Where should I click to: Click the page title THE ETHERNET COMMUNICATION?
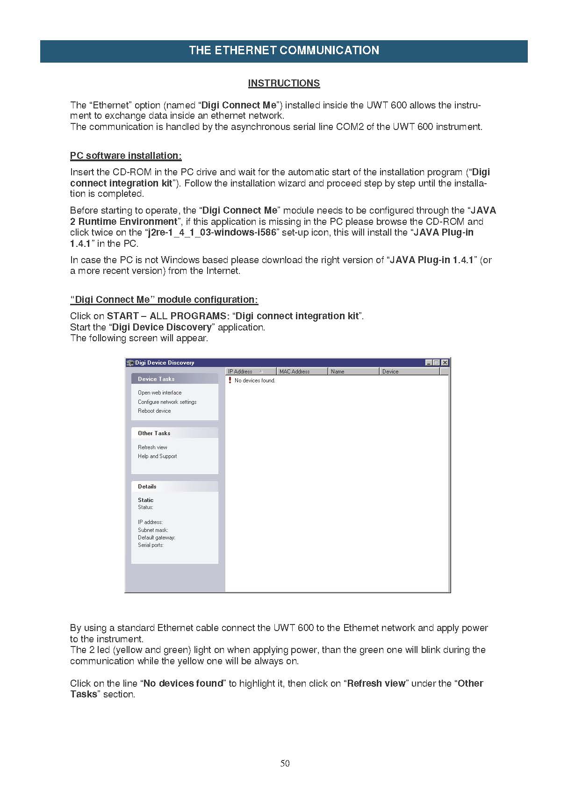(x=284, y=50)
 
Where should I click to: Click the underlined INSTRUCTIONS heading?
(x=284, y=83)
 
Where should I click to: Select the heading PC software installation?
(x=126, y=156)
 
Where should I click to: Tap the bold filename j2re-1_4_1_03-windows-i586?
(x=212, y=232)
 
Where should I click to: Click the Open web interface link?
(x=159, y=393)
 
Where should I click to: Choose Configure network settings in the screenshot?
(x=167, y=402)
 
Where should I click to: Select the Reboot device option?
(x=154, y=411)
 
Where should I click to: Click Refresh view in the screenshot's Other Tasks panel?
(x=152, y=447)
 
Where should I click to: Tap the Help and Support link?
(x=157, y=456)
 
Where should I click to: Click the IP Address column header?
(x=240, y=372)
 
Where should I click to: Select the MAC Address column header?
(x=295, y=372)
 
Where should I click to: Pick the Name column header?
(x=338, y=372)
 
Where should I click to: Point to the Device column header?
(x=390, y=372)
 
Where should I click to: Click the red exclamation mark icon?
(x=230, y=380)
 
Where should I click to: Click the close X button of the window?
(x=445, y=363)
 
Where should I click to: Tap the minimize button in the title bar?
(x=429, y=363)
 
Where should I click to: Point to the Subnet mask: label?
(x=153, y=530)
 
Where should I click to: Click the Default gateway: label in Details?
(x=157, y=538)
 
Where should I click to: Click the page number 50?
(x=285, y=763)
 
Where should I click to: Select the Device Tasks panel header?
(x=156, y=379)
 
